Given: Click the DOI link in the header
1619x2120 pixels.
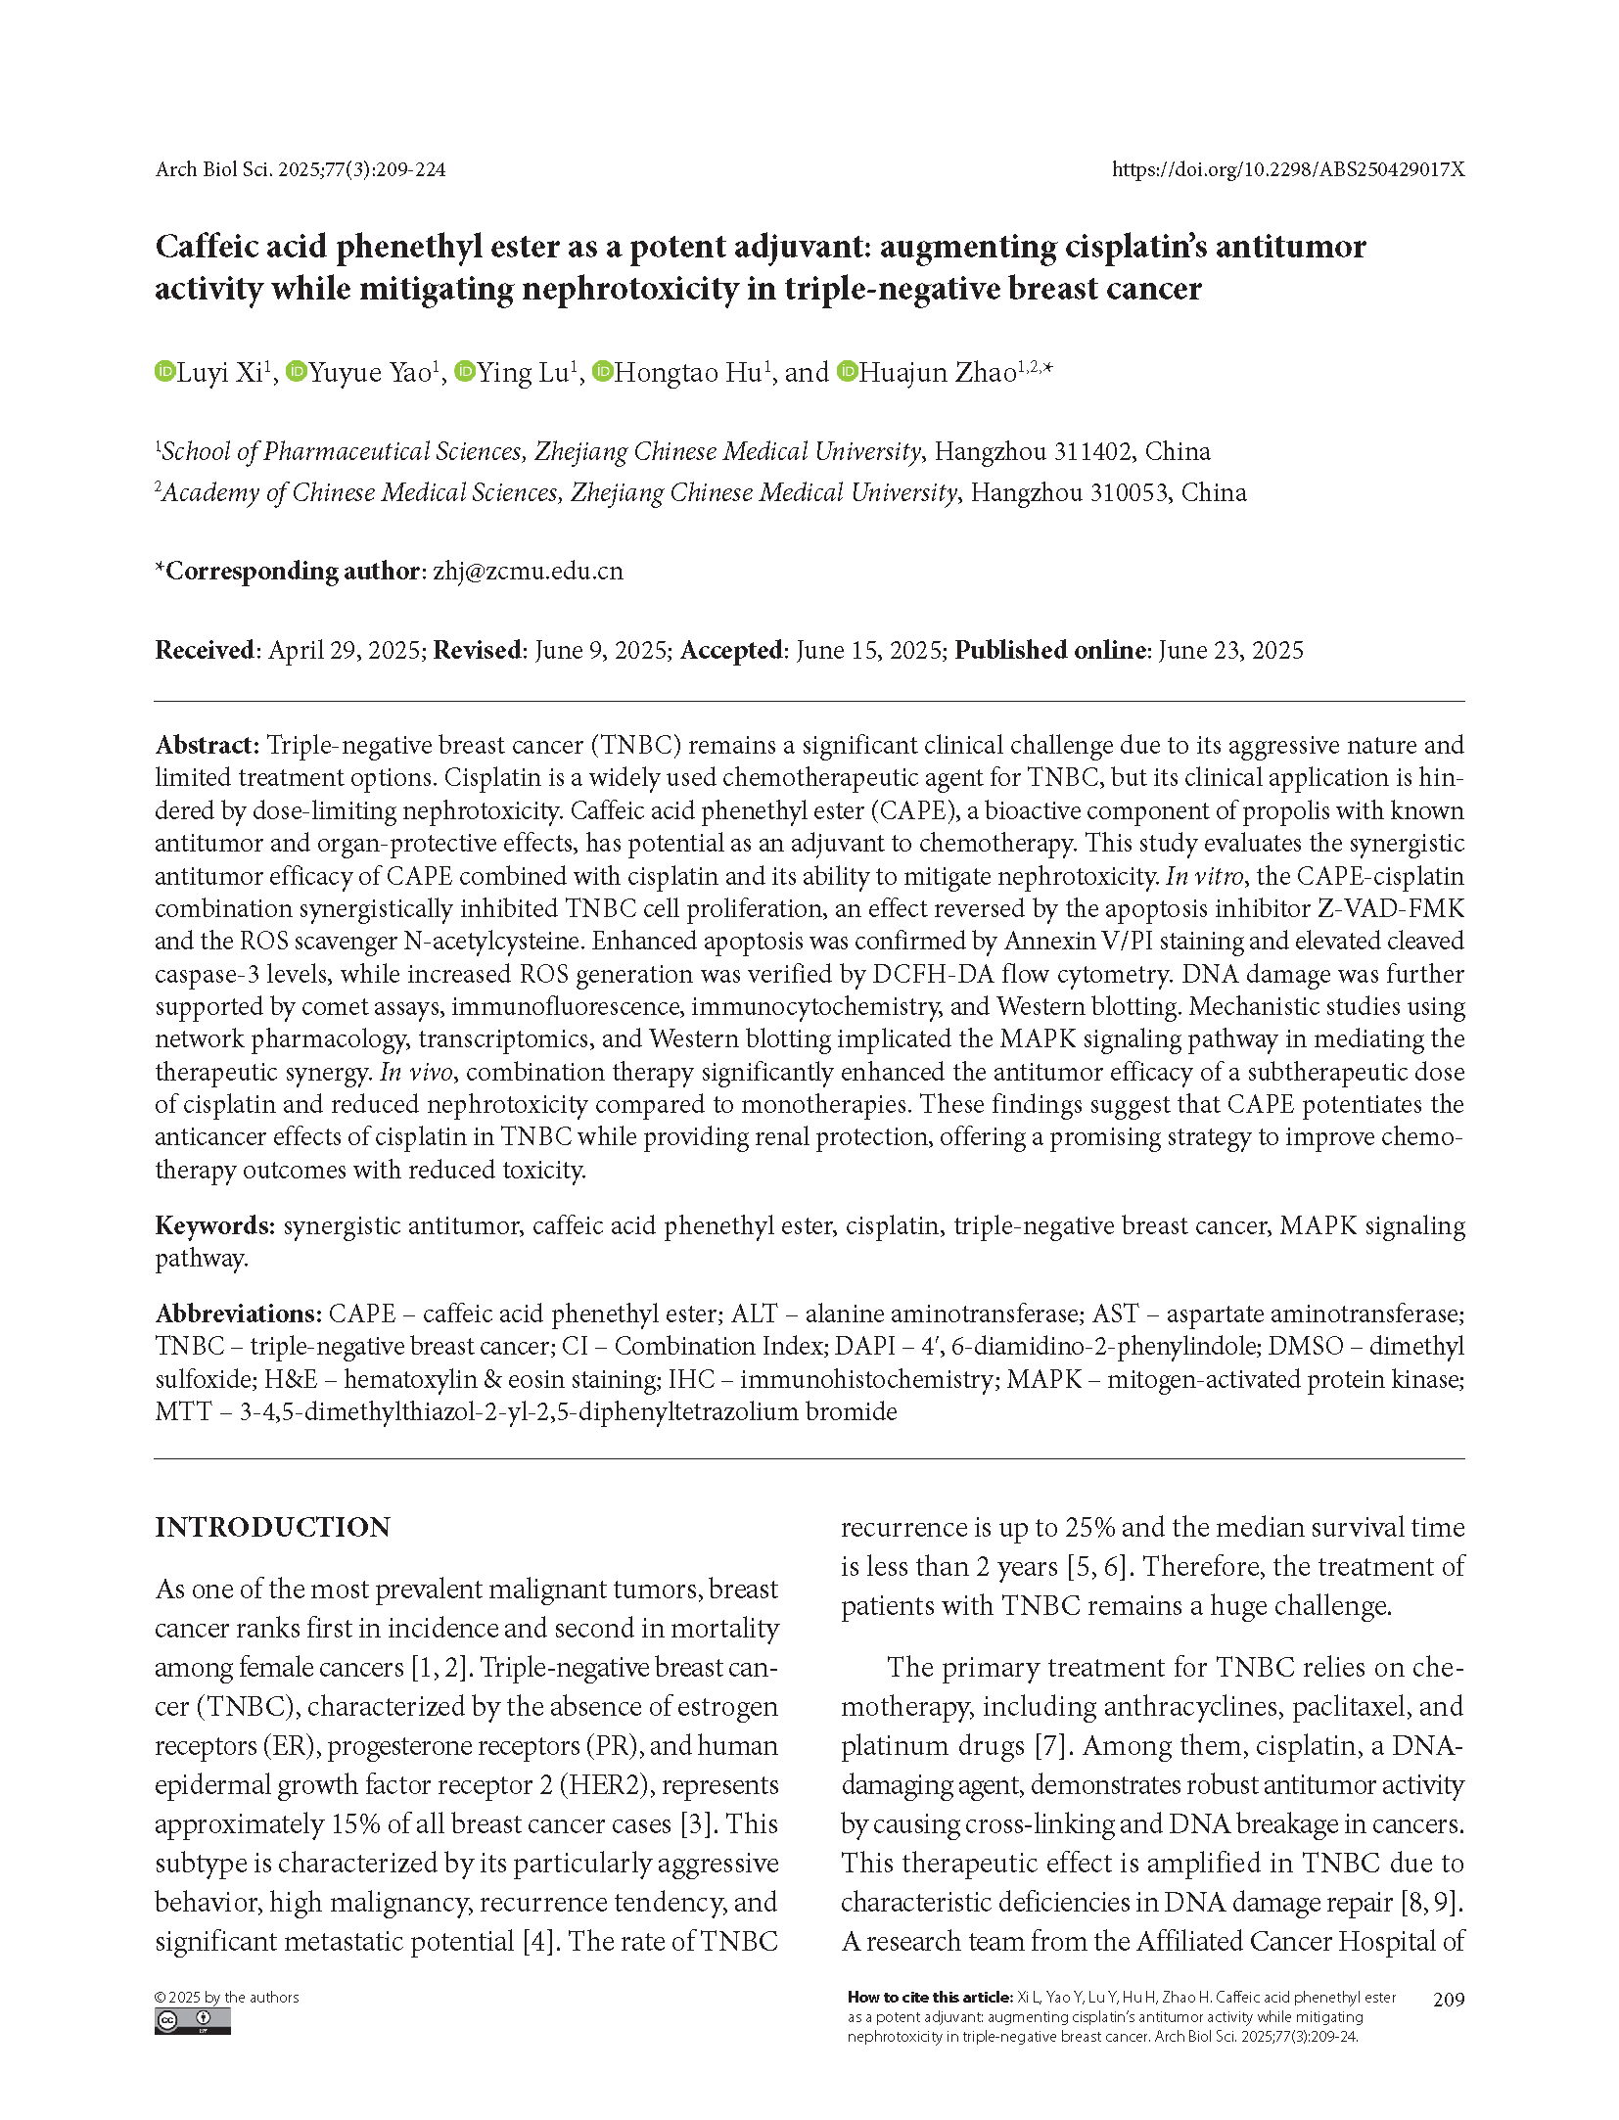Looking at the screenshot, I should [x=1287, y=169].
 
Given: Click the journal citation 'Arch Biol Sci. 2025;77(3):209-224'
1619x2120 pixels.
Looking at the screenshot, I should [x=301, y=169].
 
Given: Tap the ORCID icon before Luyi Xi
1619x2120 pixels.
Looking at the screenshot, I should [x=164, y=372].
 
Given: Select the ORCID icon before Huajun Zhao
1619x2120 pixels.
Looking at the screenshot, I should [x=848, y=372].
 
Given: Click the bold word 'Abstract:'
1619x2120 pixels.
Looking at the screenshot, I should [x=207, y=745].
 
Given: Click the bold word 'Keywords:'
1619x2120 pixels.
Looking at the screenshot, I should [x=215, y=1225].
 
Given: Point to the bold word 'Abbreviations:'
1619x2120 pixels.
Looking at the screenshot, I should [x=238, y=1313].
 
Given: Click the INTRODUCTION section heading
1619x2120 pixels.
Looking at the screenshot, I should [x=272, y=1528].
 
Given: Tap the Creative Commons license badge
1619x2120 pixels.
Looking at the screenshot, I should [x=193, y=2021].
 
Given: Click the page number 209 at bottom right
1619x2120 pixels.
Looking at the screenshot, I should [x=1449, y=1999].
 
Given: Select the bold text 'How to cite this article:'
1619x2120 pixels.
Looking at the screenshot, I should [x=929, y=1998].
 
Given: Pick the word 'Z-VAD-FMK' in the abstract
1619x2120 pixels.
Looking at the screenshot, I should [x=1391, y=908].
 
